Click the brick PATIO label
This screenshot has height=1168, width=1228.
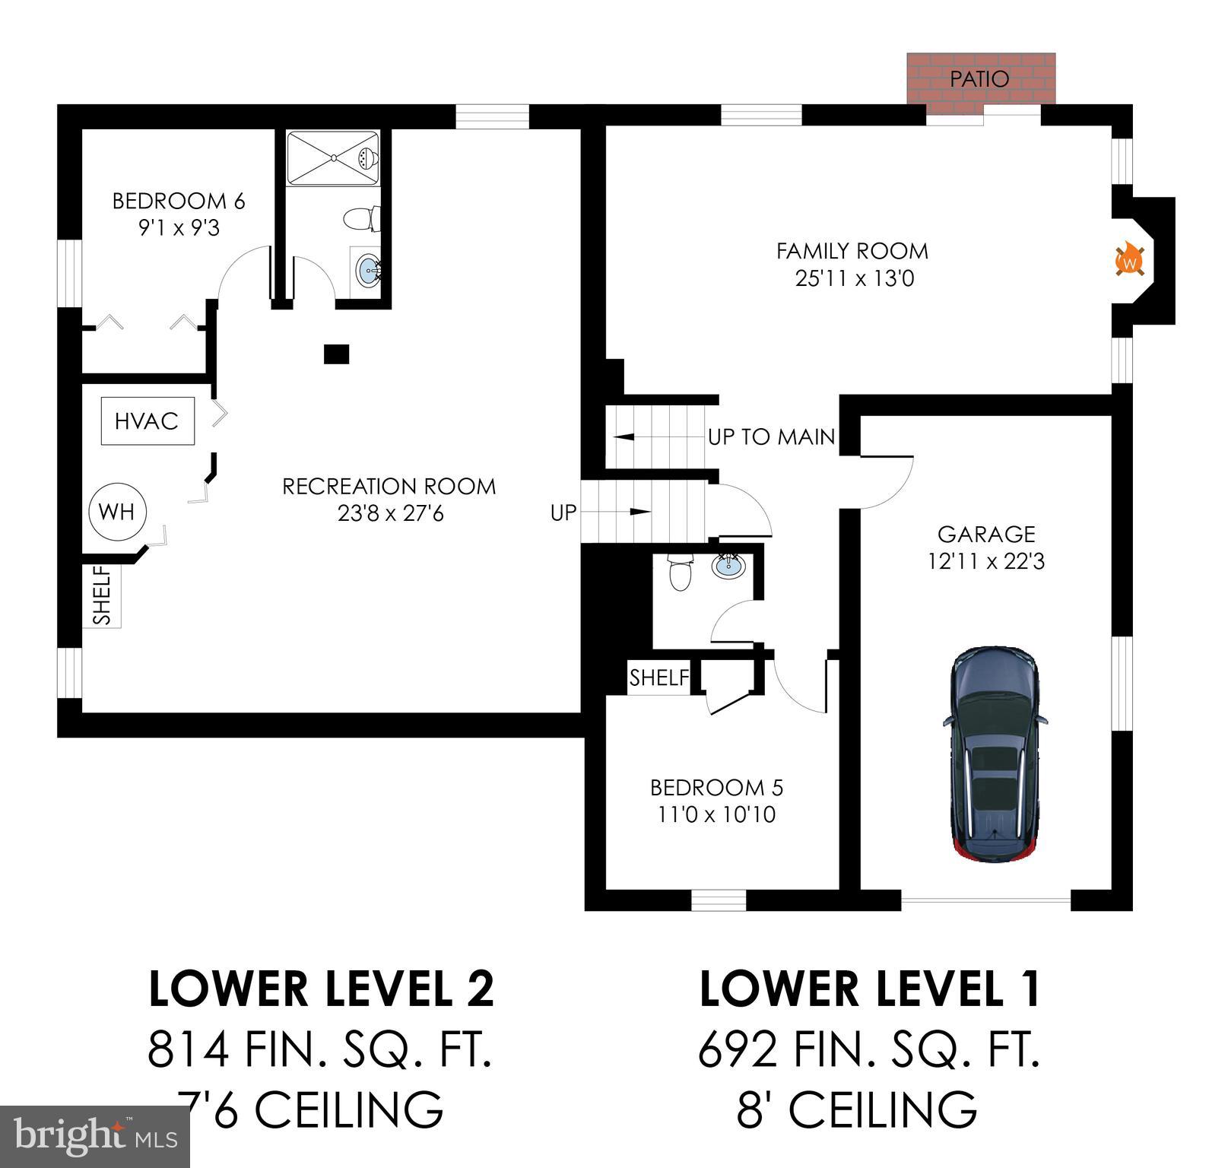pos(979,78)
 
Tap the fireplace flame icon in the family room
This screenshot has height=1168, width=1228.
pos(1130,260)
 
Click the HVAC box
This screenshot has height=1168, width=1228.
pos(147,421)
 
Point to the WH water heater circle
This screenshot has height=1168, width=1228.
pos(116,512)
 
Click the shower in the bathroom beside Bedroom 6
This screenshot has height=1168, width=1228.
pos(333,157)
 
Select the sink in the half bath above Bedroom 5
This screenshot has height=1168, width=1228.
pos(728,565)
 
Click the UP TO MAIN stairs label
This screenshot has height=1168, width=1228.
pos(771,437)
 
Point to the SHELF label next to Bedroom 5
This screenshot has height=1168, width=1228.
pos(658,677)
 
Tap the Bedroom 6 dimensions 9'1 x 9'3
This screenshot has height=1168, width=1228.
pos(179,228)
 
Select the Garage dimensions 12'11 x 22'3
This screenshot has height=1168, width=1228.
pos(985,562)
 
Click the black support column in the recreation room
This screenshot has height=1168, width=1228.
pos(336,354)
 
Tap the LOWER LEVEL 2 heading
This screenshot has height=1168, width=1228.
pos(321,989)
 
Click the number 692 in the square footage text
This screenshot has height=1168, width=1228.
pos(737,1050)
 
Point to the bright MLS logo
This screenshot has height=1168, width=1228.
pos(94,1137)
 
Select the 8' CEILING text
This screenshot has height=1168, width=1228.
pos(856,1109)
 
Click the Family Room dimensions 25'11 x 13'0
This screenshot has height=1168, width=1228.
pos(854,278)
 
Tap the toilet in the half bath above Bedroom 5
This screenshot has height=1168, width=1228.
pos(679,574)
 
